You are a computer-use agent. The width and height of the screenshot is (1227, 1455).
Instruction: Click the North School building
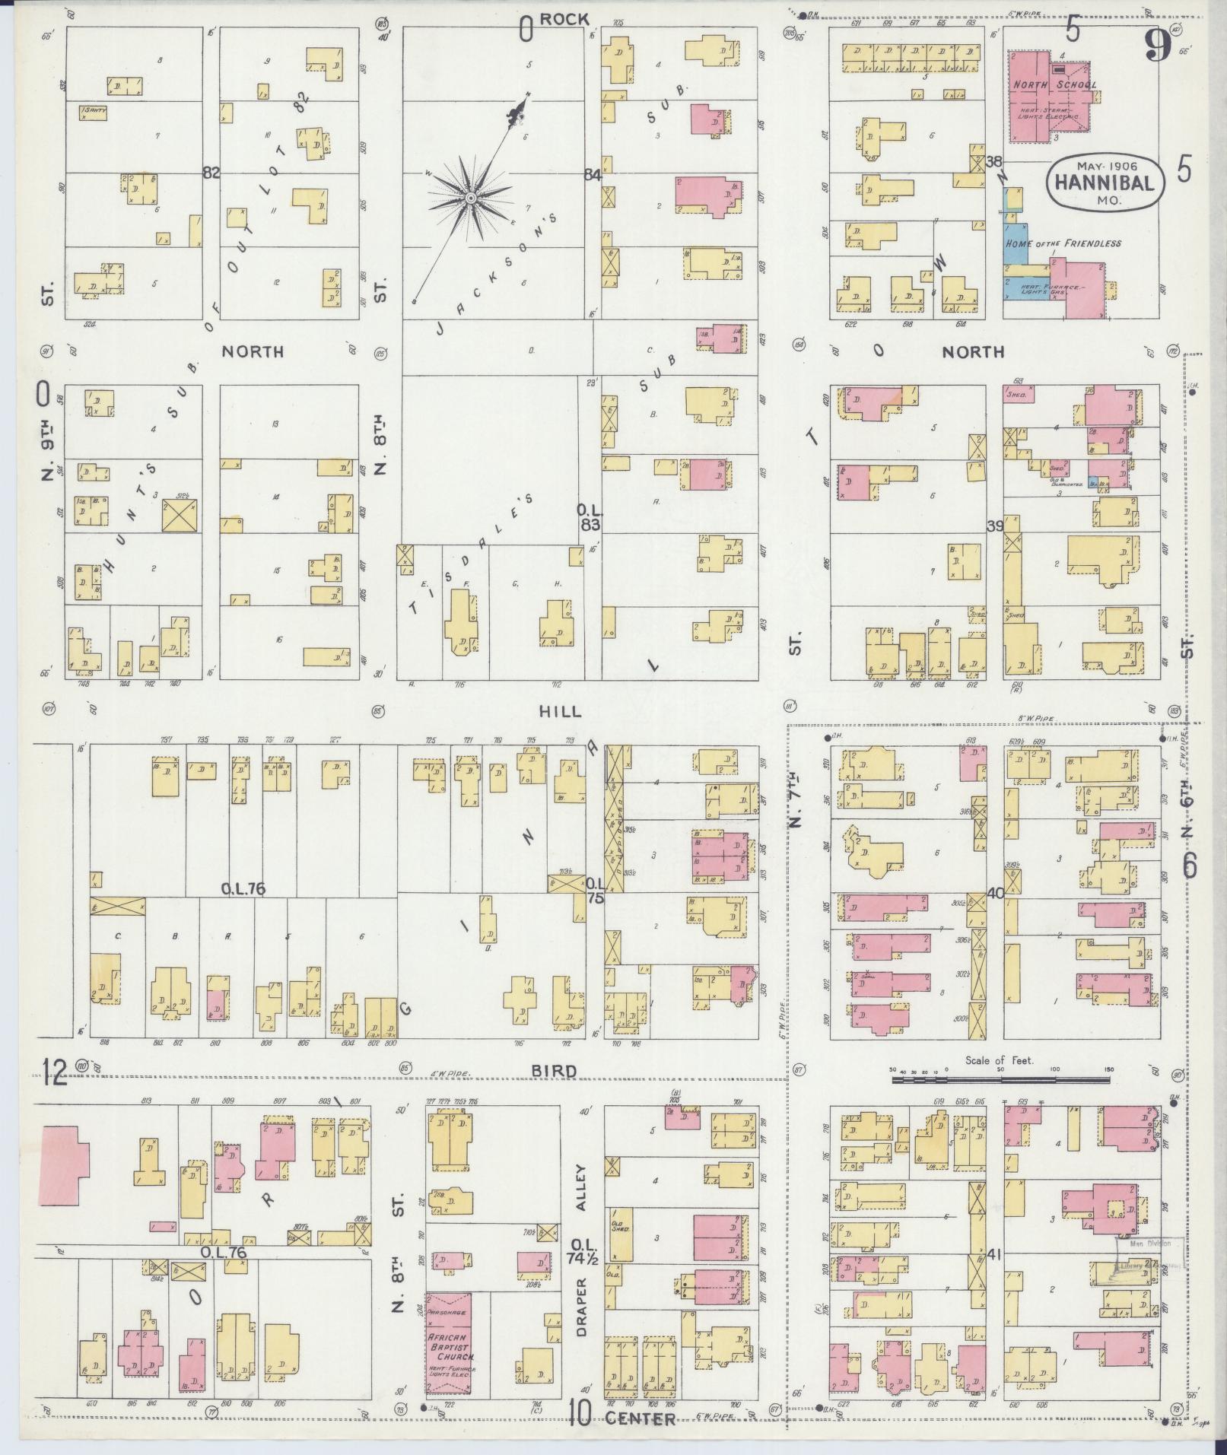(x=1046, y=95)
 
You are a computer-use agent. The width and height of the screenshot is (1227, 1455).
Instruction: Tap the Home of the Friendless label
(x=1063, y=243)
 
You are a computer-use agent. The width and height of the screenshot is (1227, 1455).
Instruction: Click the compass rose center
(x=471, y=198)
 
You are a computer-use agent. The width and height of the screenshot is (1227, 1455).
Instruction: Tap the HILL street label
(x=560, y=712)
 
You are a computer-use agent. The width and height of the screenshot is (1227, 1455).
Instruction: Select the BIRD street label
(x=560, y=1070)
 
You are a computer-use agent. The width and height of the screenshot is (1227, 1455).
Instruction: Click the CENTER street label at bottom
(x=641, y=1419)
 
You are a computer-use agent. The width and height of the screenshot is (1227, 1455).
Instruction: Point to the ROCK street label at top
(x=564, y=19)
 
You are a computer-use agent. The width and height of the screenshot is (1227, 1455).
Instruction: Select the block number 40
(x=995, y=893)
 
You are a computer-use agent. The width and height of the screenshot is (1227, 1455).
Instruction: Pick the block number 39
(x=995, y=526)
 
